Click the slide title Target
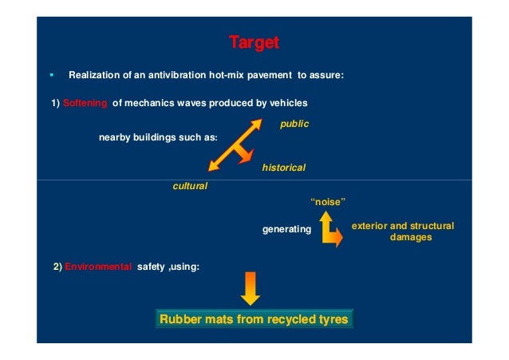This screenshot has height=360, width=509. (x=254, y=42)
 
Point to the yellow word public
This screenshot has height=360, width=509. (x=294, y=124)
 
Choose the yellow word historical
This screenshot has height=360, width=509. (x=283, y=168)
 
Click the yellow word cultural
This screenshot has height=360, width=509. (x=190, y=185)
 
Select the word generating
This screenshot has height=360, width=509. (x=286, y=230)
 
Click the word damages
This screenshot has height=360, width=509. (x=410, y=238)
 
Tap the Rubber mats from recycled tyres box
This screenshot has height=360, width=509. (x=254, y=320)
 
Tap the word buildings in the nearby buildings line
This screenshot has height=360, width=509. (x=156, y=138)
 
